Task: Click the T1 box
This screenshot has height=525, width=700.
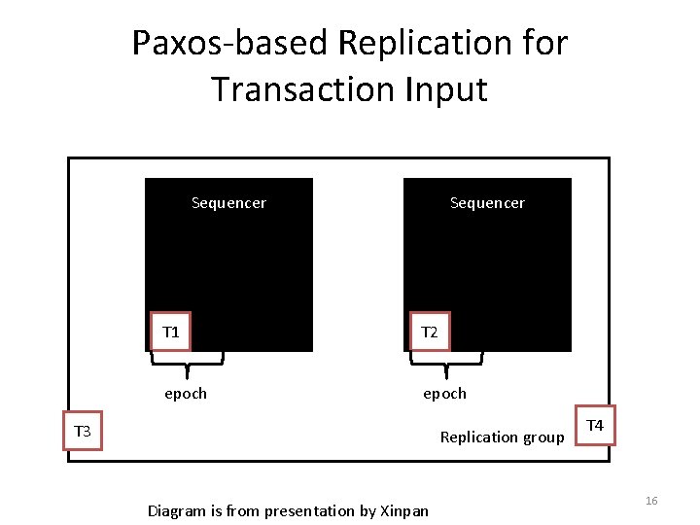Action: [x=171, y=332]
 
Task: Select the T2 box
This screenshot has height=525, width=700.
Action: [x=429, y=332]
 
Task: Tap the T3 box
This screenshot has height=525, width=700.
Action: [x=83, y=431]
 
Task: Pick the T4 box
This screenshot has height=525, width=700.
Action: [x=595, y=426]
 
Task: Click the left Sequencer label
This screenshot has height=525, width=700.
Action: [x=228, y=203]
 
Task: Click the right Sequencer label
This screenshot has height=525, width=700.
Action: [x=487, y=203]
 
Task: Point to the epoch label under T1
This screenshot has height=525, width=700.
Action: [x=185, y=394]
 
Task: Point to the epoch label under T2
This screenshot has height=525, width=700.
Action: [x=444, y=394]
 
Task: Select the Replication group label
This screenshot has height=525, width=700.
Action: [x=502, y=437]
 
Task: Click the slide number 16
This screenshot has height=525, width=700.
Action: [x=651, y=500]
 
